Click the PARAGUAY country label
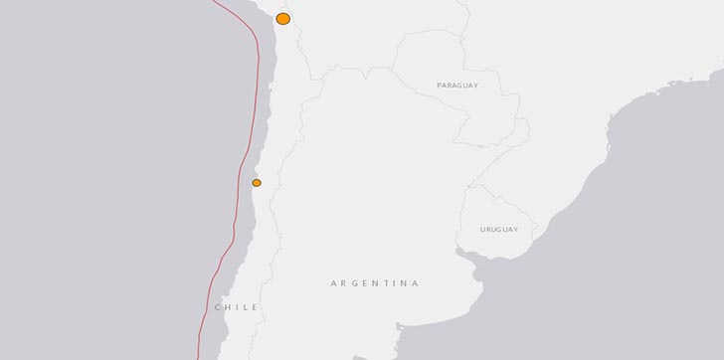tap(457, 87)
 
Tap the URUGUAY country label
tap(498, 230)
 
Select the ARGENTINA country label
tap(374, 283)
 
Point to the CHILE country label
tap(237, 307)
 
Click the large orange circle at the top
tap(283, 19)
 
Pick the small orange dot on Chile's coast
tap(257, 183)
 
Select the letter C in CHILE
tap(219, 307)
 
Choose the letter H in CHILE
tap(228, 307)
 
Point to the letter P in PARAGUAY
tap(440, 87)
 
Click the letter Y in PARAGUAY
tap(476, 87)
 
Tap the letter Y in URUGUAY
tap(515, 230)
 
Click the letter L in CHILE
tap(246, 307)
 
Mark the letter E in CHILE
tap(255, 307)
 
